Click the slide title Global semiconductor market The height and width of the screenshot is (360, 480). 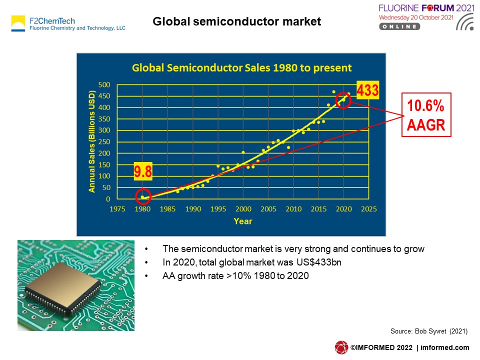tap(236, 21)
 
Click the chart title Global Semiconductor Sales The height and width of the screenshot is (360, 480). tap(241, 67)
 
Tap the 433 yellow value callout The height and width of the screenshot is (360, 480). tap(367, 90)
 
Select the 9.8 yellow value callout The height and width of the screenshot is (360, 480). tap(143, 171)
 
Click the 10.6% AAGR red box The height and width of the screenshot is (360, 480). tap(426, 115)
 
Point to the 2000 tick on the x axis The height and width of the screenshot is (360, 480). tap(243, 209)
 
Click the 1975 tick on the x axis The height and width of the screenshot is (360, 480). tap(117, 209)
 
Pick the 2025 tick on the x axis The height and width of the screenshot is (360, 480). tap(369, 209)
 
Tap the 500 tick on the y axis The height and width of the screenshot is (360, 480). tap(104, 85)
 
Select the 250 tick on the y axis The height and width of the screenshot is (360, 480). tap(104, 141)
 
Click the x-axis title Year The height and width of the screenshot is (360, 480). tap(243, 221)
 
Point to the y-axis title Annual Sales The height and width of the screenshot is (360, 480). tap(92, 141)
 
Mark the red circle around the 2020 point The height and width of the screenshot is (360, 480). tap(336, 100)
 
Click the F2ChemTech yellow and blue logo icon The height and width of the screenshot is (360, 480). tap(18, 23)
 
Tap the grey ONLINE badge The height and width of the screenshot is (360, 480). tap(399, 26)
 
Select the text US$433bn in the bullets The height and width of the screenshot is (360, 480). tap(318, 262)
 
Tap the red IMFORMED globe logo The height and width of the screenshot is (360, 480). tap(341, 347)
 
